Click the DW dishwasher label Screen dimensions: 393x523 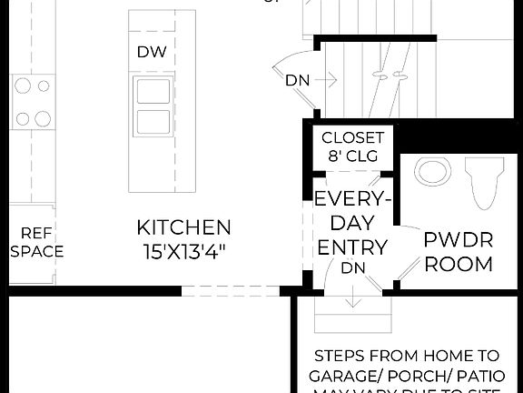pos(153,52)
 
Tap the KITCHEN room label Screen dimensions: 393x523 pos(184,227)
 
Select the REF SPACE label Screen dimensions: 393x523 pos(36,242)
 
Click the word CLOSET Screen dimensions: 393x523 pos(353,138)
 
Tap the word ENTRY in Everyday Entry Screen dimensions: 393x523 pos(351,247)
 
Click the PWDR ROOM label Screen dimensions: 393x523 pos(459,253)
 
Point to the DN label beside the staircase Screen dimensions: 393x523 pos(297,80)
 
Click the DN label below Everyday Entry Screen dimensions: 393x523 pos(352,268)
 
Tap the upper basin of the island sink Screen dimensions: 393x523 pos(152,92)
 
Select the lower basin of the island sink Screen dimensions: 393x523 pos(152,122)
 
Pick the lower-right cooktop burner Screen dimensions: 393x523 pos(42,117)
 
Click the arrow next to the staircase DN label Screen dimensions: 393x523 pos(326,80)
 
